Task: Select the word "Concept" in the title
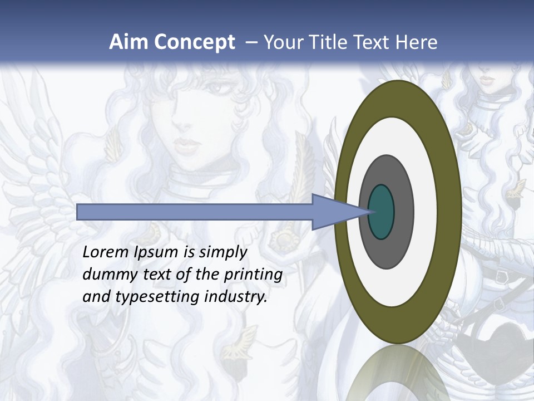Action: (x=194, y=42)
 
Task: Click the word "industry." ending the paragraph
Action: (x=236, y=297)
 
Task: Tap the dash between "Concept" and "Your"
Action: (x=251, y=42)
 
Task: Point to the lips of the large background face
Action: (x=187, y=146)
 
